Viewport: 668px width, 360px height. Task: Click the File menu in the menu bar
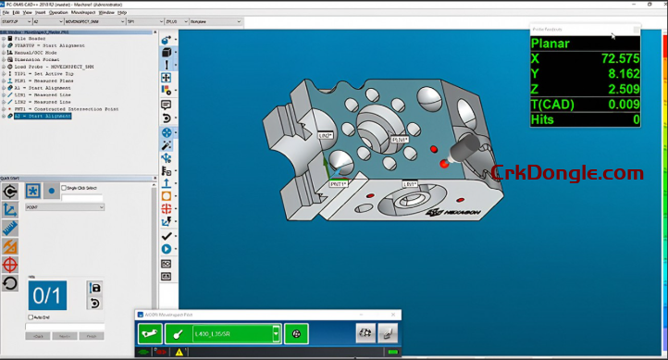pos(6,12)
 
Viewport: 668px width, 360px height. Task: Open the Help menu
pos(122,12)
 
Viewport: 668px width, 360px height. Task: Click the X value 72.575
pos(621,58)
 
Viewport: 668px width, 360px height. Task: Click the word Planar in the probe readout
pos(551,43)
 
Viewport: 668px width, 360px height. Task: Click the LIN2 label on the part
pos(326,135)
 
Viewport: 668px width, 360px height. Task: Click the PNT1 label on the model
pos(339,184)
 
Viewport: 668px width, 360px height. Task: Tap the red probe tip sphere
pos(445,163)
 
